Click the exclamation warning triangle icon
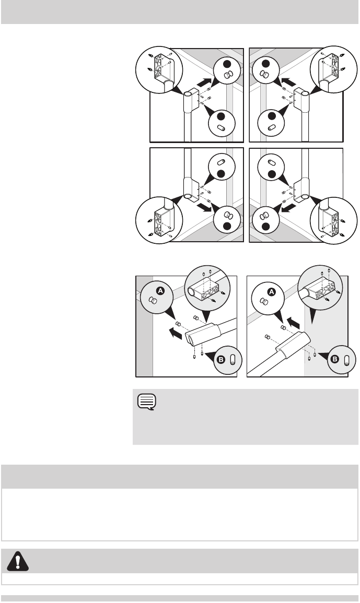pos(18,561)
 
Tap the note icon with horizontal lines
pos(147,402)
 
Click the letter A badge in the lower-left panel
pos(160,291)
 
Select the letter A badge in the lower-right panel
pos(272,293)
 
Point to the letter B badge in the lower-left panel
pos(221,360)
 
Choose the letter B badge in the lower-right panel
pos(335,360)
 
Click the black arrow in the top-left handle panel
pos(204,82)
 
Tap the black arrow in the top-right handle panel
pos(288,82)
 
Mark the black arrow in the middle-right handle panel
pos(289,208)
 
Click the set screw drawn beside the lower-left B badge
pos(232,360)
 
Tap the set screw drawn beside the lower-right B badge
pos(346,360)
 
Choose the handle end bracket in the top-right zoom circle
pos(330,71)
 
